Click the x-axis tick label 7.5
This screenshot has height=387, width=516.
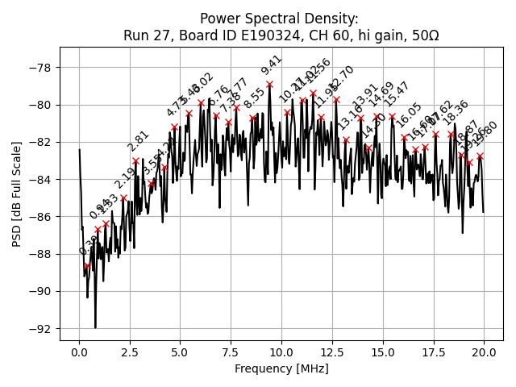[x=231, y=352]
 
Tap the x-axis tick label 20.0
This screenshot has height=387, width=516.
[x=484, y=352]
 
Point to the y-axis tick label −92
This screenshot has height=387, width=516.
[x=41, y=329]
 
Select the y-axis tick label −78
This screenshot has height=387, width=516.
[x=41, y=68]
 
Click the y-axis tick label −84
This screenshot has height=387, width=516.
[x=41, y=180]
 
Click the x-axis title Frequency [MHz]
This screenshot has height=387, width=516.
[x=281, y=368]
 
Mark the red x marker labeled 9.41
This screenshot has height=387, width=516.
[x=269, y=84]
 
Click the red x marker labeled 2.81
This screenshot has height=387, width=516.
[x=136, y=161]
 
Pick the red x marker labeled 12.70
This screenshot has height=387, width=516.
[x=336, y=99]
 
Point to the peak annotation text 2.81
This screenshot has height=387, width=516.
[x=139, y=142]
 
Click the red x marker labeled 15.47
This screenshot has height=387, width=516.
[x=392, y=116]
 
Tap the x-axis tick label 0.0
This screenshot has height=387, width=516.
[x=79, y=352]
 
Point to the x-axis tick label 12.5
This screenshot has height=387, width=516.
[x=332, y=352]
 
